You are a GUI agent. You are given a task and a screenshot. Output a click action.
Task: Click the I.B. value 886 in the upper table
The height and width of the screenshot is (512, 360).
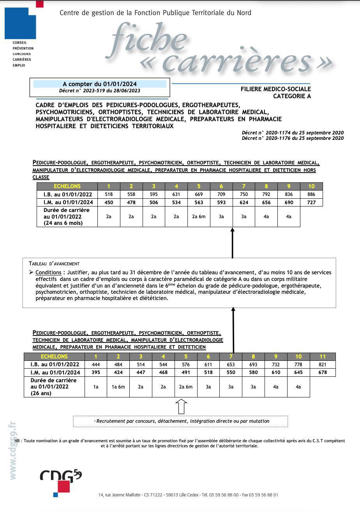point(311,194)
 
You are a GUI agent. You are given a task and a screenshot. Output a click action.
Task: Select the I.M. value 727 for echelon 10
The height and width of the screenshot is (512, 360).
point(311,202)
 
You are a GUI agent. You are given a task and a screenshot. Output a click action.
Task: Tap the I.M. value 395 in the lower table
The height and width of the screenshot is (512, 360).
point(95,373)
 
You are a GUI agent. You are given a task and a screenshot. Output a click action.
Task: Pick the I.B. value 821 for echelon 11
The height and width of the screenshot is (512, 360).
point(322,365)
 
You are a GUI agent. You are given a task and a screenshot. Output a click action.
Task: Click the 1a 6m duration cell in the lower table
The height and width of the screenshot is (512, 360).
point(118,387)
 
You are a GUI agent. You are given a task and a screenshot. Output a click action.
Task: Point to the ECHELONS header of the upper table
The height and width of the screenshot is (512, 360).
point(67,186)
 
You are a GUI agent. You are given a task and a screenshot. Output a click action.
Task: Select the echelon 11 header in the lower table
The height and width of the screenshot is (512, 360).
point(322,357)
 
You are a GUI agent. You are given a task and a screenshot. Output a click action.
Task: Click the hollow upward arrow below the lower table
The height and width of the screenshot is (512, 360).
point(182,406)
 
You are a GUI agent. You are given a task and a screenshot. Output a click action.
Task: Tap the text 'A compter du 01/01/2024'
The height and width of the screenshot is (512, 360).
point(100,84)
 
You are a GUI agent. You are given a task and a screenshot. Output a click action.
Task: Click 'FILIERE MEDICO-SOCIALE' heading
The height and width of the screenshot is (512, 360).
point(275,89)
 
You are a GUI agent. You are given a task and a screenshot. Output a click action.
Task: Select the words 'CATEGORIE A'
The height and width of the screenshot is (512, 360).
point(292,96)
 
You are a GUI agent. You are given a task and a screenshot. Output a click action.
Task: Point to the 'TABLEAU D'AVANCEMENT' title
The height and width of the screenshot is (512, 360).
point(54,264)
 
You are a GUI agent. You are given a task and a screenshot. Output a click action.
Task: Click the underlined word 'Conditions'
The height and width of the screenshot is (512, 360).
point(48,273)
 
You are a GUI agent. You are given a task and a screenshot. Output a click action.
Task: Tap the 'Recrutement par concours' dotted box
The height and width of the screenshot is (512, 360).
point(180,421)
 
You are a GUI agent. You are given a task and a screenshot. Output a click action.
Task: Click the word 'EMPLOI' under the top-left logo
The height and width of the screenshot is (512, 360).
point(19,65)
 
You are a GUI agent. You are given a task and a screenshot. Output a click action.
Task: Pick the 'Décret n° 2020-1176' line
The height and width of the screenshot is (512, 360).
point(292,138)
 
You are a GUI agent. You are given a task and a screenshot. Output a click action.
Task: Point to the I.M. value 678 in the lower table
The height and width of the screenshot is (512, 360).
point(322,373)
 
